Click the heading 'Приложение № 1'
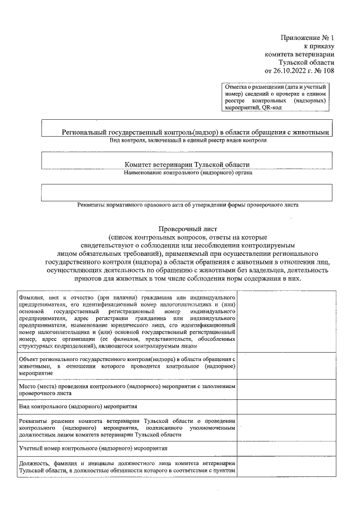pos(307,38)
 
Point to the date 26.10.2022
pos(290,71)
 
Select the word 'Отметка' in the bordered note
pos(237,87)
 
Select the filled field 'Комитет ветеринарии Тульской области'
pos(187,165)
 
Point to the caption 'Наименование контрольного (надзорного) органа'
pos(188,173)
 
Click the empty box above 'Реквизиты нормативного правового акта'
pos(188,192)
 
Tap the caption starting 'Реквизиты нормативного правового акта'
pos(188,205)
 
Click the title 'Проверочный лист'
pos(188,229)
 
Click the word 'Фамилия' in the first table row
pos(30,296)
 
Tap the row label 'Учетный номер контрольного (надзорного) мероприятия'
pos(93,448)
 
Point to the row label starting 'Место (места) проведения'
pos(127,387)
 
